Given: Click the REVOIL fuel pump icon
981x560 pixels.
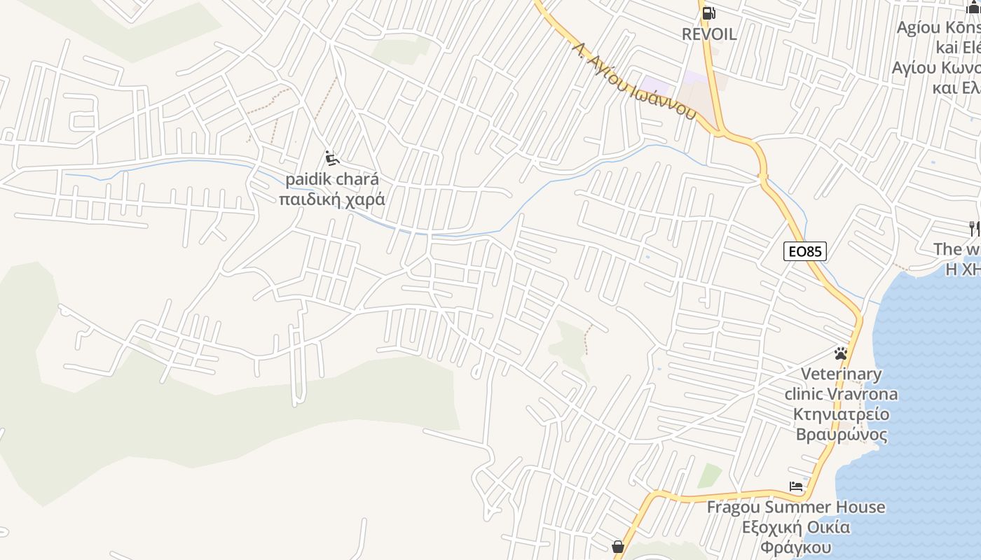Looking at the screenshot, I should point(709,13).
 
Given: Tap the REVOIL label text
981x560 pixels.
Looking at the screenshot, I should point(709,34).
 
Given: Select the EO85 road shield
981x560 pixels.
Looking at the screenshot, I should point(805,251).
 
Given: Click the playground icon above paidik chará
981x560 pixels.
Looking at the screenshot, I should point(332,158).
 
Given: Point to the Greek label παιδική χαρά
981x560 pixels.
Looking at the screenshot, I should point(331,199).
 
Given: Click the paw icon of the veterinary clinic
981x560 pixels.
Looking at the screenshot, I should point(841,353).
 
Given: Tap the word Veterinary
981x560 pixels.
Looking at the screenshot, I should point(841,374).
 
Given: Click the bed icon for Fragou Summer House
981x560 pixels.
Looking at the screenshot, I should point(796,486).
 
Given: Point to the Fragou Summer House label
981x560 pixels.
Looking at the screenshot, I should point(796,507).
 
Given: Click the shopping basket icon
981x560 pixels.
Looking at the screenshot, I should point(618,546).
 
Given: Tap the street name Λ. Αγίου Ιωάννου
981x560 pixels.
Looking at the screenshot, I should point(635,80).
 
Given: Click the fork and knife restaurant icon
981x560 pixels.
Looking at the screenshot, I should point(973,227).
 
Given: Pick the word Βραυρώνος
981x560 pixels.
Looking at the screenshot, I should point(842,435).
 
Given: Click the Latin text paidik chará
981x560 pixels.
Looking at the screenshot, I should point(331,179).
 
